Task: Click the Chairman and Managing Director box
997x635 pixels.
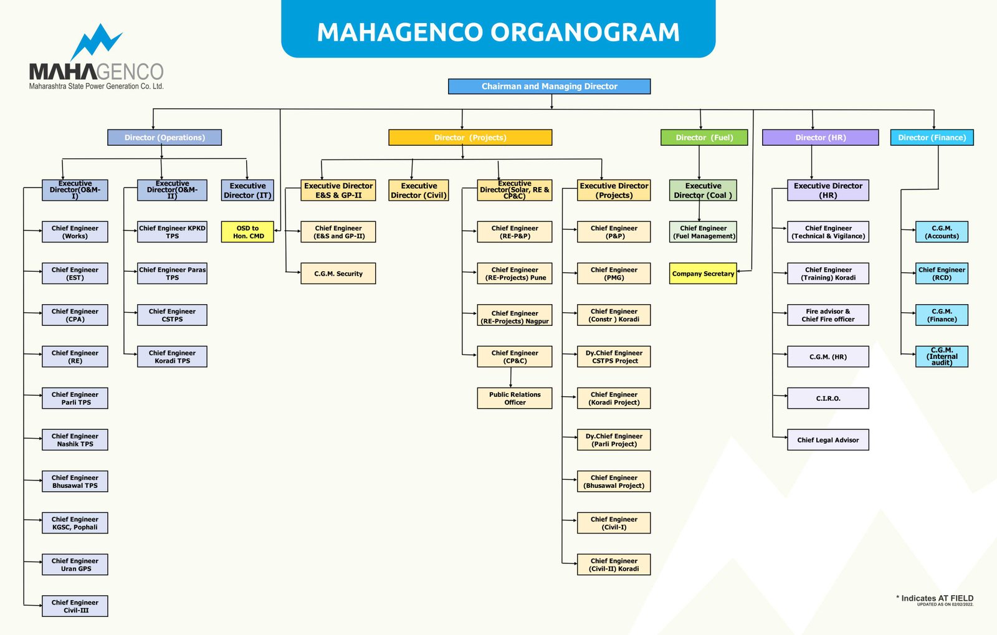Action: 549,87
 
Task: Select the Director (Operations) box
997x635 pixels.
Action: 165,138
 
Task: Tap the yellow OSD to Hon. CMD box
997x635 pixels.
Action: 247,232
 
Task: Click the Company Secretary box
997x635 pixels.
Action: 703,274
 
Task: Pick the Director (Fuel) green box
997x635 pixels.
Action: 704,138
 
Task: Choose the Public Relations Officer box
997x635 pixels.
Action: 515,398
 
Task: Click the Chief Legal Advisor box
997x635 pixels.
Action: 828,440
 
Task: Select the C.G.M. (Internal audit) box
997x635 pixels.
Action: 942,356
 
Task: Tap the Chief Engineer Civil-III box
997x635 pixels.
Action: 75,606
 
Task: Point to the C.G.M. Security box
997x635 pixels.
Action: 338,274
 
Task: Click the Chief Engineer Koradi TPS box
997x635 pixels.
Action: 172,356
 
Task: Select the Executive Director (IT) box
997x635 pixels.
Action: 247,191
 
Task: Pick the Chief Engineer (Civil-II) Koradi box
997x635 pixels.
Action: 614,565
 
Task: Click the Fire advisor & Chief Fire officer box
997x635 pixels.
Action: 828,315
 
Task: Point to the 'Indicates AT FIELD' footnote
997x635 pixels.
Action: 936,598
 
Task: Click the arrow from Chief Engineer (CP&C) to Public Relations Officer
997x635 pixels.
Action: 511,378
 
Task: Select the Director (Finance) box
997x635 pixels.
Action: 932,138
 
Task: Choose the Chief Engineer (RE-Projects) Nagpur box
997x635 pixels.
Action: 515,317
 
